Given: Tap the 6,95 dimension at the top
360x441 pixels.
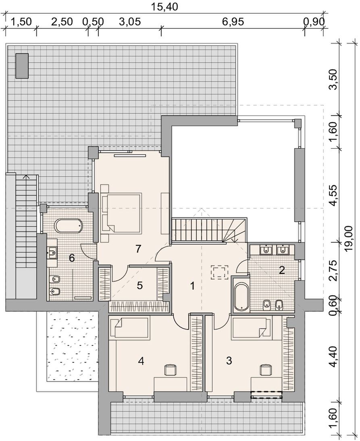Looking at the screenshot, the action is click(x=233, y=22).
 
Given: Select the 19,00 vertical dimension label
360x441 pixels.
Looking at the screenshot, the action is click(x=349, y=236).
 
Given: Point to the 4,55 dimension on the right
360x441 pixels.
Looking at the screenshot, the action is click(x=334, y=195).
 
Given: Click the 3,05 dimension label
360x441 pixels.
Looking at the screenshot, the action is click(x=130, y=22).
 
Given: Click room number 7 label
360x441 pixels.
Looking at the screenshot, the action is click(x=137, y=248).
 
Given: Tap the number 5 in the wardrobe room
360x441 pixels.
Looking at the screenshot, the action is click(x=139, y=285).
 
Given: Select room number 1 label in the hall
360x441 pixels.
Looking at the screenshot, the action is click(x=193, y=286).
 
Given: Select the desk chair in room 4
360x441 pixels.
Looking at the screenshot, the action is click(x=170, y=369).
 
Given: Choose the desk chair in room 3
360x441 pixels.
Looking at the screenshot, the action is click(x=266, y=369).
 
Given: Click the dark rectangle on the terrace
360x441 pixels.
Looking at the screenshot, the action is click(x=22, y=66).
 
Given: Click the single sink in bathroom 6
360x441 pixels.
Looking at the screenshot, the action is click(x=53, y=252).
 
